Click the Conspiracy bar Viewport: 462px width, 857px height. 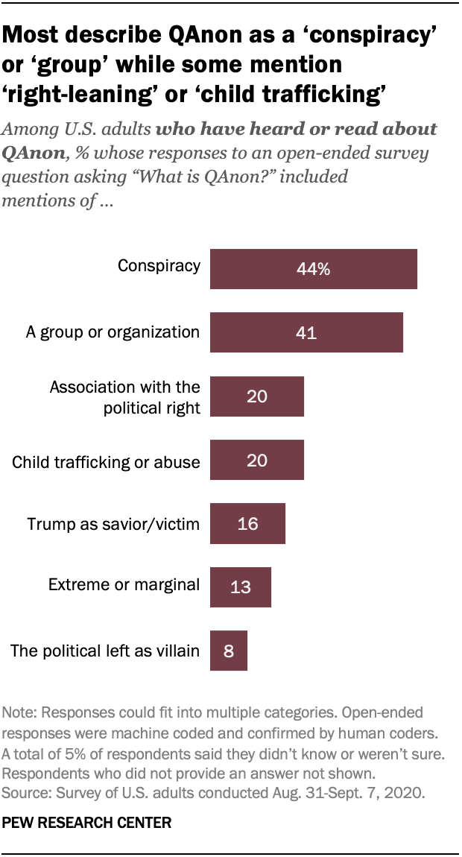click(313, 268)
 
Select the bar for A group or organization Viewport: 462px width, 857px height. click(306, 332)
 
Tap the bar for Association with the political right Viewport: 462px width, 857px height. click(257, 396)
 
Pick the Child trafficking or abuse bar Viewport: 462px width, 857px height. click(257, 460)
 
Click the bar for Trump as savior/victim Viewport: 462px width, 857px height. click(247, 524)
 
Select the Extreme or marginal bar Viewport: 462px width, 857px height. click(240, 588)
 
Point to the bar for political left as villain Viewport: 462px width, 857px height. click(228, 651)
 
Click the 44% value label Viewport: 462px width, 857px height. click(313, 269)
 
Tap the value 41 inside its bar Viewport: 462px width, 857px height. click(306, 333)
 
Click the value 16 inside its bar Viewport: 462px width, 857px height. click(247, 524)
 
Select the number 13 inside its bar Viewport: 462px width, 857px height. click(240, 588)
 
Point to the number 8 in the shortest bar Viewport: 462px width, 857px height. click(229, 652)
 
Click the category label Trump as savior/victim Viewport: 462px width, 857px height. click(113, 524)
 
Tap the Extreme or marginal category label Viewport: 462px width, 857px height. click(124, 585)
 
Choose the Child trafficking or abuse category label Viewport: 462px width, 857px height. click(106, 462)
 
